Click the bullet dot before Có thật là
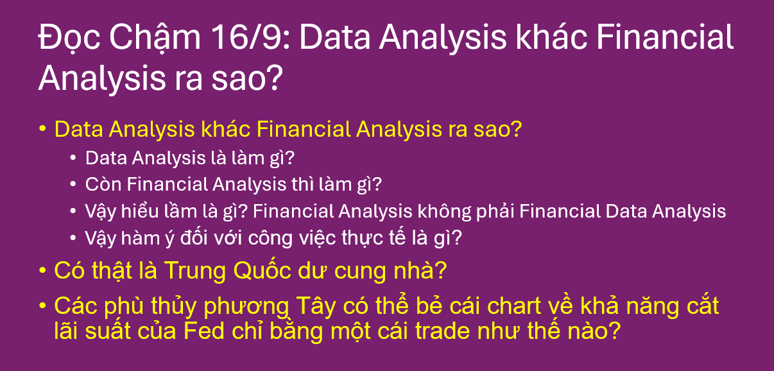tap(42, 271)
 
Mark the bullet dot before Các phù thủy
tap(42, 306)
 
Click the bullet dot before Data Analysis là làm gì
tap(73, 158)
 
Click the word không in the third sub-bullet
tap(441, 211)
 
